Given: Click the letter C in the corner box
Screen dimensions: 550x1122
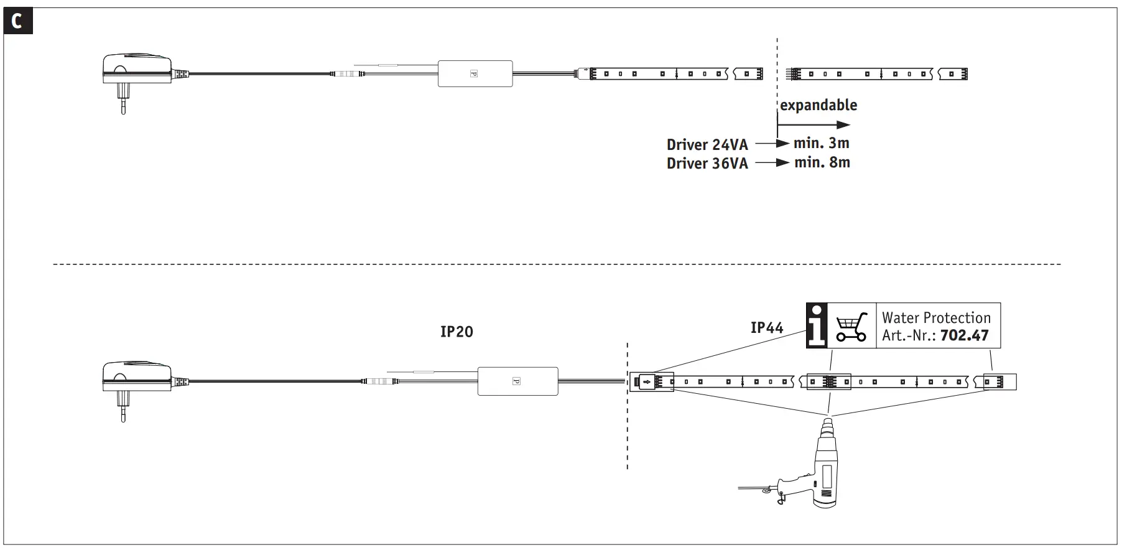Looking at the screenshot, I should (17, 22).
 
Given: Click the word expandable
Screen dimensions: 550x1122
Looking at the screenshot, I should (818, 105).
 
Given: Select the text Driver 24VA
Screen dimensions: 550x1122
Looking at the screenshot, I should (707, 145).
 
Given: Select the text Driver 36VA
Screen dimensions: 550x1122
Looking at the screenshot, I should (707, 164).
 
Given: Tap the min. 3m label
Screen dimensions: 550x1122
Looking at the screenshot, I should (821, 143).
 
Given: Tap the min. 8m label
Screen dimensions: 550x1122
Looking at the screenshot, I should (822, 162).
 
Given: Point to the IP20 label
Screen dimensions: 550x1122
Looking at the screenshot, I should (457, 332).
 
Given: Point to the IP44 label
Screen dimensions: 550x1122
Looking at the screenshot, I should (767, 328).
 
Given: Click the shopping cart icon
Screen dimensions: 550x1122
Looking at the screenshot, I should (851, 326).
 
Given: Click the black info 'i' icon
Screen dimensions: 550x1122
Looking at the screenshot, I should (817, 326).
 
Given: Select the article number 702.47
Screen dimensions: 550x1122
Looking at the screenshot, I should (964, 336).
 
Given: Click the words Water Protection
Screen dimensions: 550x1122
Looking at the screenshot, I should (936, 318).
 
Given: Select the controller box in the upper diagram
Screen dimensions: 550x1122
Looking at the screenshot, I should (475, 73).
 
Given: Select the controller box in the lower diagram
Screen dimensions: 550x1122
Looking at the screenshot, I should (517, 381).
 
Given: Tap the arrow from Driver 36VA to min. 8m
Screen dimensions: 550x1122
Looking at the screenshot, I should (772, 163).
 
